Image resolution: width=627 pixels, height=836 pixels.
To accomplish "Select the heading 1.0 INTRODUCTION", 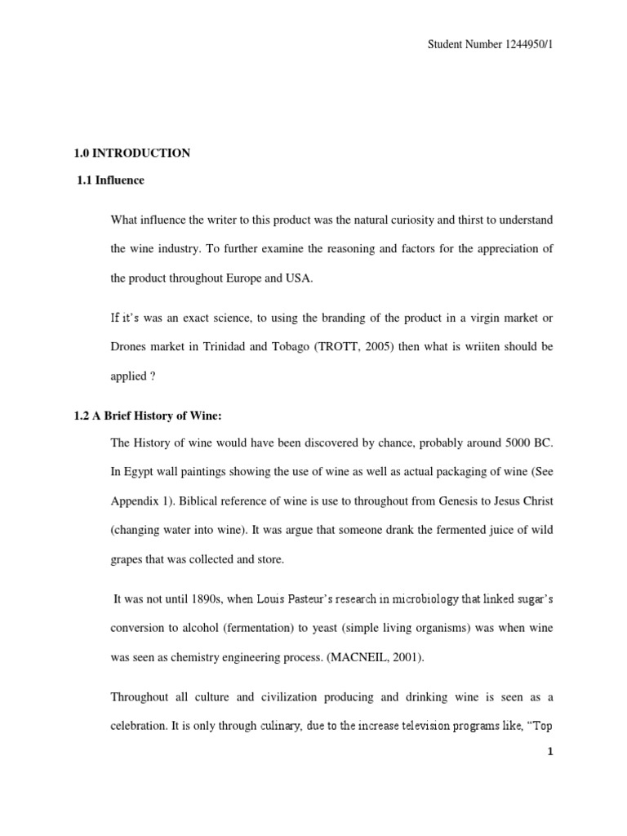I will pos(132,153).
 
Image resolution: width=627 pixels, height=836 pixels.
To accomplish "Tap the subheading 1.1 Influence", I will pos(110,180).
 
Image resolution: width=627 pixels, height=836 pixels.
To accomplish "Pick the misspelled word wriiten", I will pos(466,346).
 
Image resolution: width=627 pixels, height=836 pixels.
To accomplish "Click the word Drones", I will pos(129,346).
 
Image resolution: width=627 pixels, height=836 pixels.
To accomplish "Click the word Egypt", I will pos(142,472).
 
